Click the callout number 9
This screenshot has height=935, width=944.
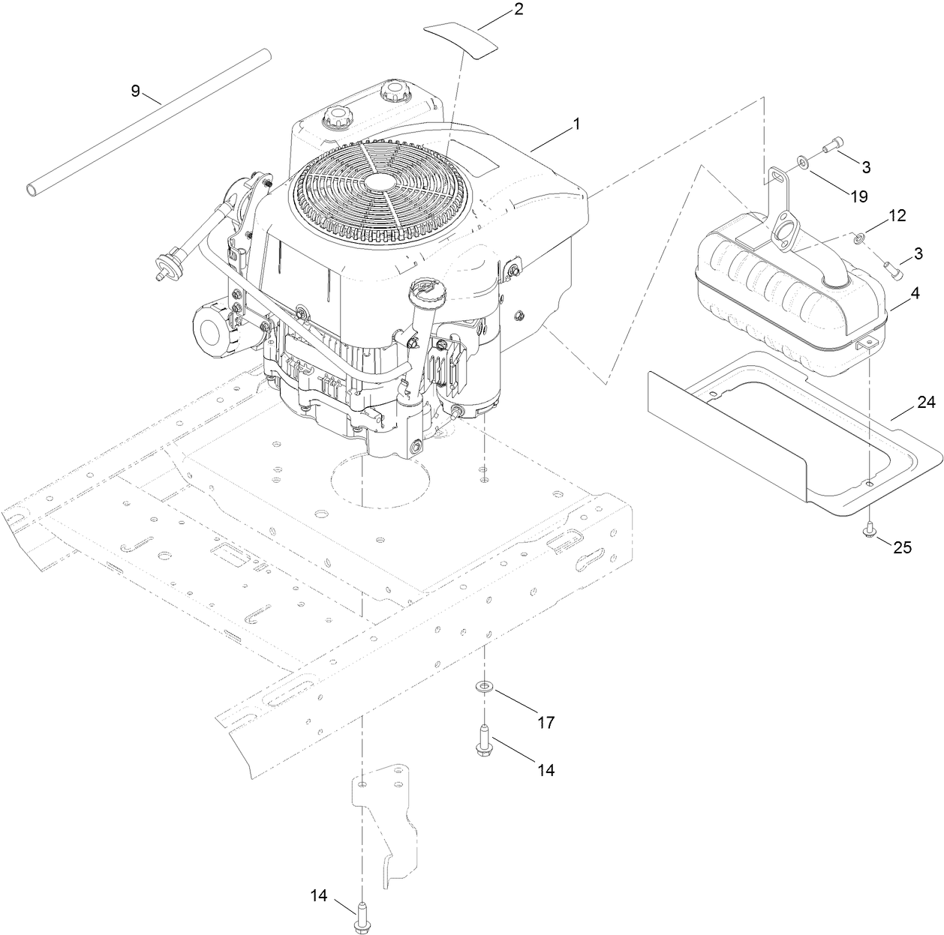tap(135, 91)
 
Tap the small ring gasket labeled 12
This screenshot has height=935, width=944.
tap(858, 239)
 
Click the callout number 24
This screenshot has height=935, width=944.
tap(927, 404)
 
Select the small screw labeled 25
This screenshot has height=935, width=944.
tap(869, 529)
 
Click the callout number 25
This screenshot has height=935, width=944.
tap(901, 547)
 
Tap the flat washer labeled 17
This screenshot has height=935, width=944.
tap(485, 685)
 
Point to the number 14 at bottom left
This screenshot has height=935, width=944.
tap(319, 895)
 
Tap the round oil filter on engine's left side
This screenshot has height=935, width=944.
tap(213, 327)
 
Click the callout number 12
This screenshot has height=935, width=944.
tap(897, 216)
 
